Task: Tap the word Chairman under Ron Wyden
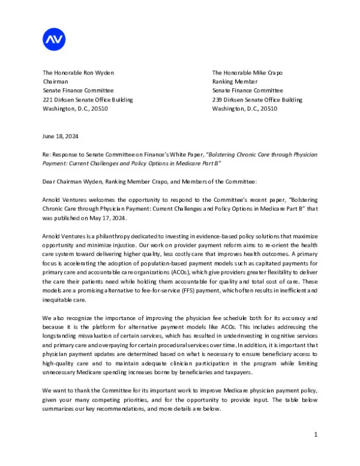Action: (x=55, y=82)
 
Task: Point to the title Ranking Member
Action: (x=235, y=82)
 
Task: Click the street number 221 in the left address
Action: (x=47, y=100)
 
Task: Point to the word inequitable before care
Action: (x=58, y=299)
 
